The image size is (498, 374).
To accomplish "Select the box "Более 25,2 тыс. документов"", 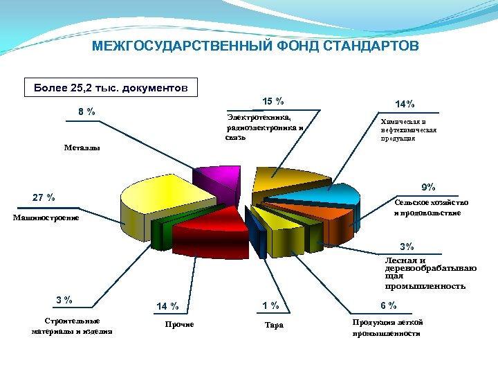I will coord(110,88).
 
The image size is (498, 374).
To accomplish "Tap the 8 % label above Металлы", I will coord(86,112).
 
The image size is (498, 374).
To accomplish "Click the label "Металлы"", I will coord(82,148).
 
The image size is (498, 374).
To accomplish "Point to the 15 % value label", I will coord(273,102).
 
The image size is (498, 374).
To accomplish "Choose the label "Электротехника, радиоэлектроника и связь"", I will coord(264,127).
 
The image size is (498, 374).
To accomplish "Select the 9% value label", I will coord(428,187).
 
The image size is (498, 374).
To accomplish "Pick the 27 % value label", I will coord(44,198).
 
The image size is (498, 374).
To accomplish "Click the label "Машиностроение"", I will coord(46,218).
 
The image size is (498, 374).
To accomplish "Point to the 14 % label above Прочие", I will coord(167,306).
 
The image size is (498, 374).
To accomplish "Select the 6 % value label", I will coord(388,305).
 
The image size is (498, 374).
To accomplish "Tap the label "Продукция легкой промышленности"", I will coord(387,328).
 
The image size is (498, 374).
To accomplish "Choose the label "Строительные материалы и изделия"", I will coord(72,326).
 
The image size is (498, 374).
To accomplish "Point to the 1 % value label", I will coord(270,305).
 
